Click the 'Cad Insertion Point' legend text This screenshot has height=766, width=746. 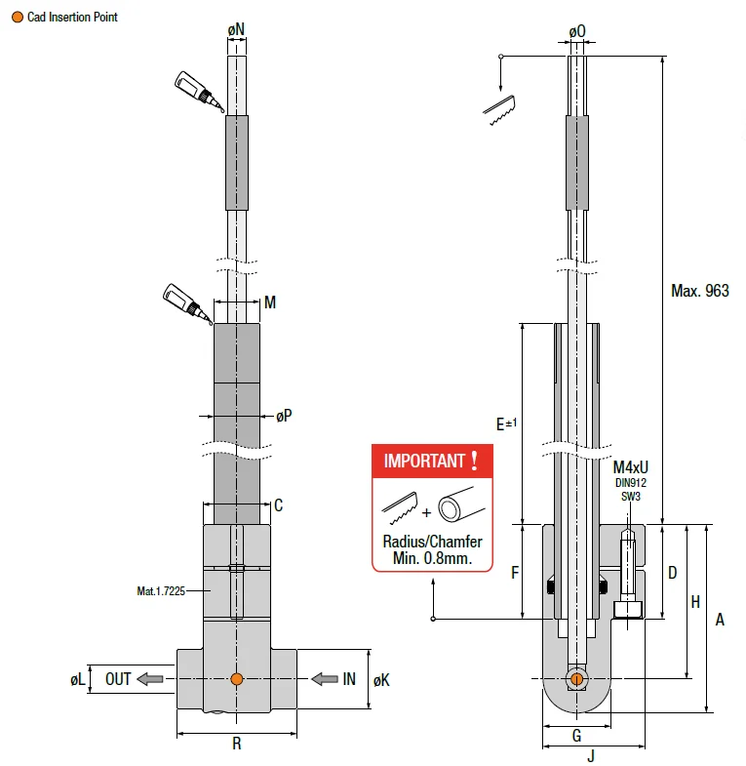(x=72, y=17)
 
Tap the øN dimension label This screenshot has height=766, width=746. (x=237, y=31)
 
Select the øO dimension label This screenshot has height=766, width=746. (x=577, y=31)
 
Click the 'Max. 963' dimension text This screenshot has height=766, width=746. (x=700, y=291)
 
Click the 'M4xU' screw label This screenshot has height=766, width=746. (x=631, y=467)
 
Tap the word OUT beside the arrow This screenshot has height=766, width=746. (x=118, y=679)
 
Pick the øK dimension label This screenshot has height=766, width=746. (x=381, y=679)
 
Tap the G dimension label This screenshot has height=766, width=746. (x=576, y=735)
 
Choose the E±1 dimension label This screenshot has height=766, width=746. (x=506, y=423)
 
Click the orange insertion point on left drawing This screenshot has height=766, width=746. (x=236, y=679)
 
